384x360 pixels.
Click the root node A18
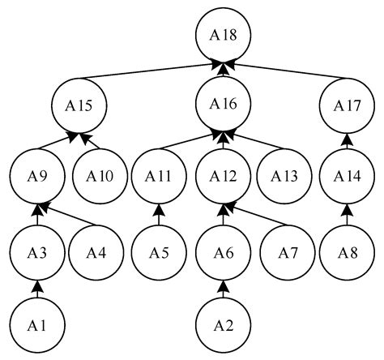coord(224,36)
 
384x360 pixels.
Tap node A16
coord(224,105)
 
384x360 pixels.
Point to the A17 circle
coord(348,106)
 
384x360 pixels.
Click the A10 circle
coord(96,175)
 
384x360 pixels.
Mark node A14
coord(348,175)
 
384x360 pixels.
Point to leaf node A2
coord(224,326)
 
